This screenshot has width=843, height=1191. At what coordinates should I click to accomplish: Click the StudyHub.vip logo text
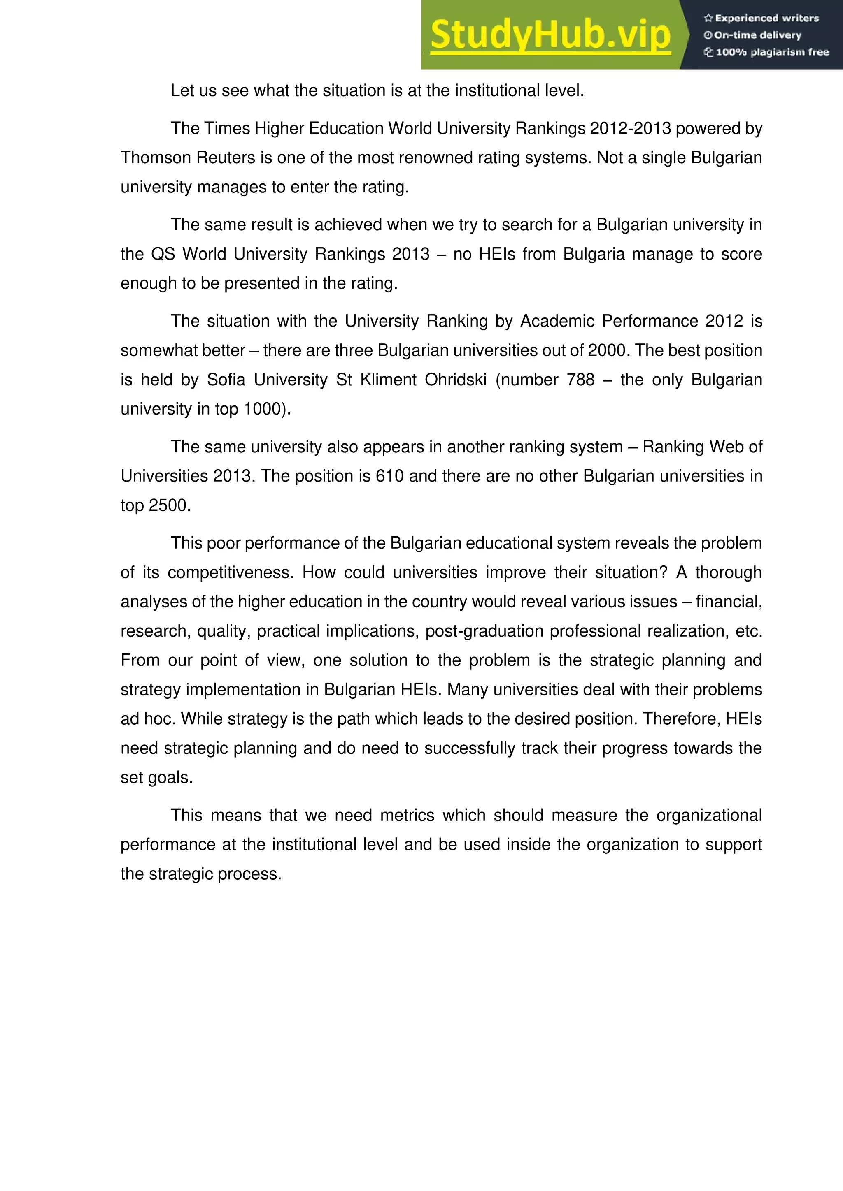550,35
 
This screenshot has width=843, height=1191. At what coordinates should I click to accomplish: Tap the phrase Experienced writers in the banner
767,18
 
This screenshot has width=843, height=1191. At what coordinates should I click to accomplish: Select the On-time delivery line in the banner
757,35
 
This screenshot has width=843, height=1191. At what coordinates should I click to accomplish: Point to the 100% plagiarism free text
772,52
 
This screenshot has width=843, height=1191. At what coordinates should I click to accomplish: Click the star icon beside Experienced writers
708,18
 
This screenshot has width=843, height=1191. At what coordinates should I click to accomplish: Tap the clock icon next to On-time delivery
708,35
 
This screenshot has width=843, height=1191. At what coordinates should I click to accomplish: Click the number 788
580,380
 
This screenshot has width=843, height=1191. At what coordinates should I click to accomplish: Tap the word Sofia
226,380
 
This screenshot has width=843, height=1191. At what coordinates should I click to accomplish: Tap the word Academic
557,321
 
